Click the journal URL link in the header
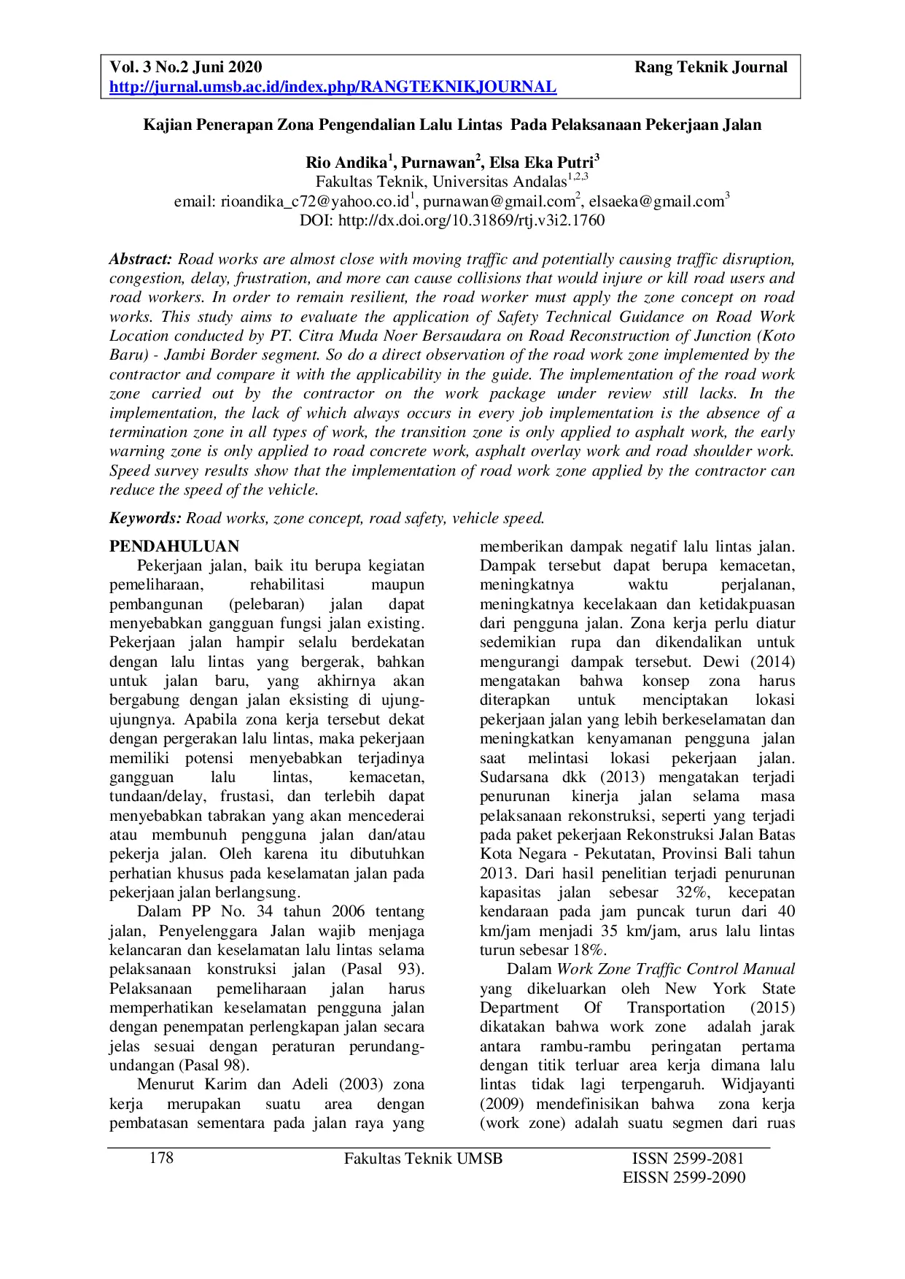tap(333, 88)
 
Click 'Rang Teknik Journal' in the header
tap(710, 68)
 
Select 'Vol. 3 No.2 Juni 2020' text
tap(186, 68)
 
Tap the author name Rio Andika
tap(346, 163)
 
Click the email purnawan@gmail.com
tap(499, 201)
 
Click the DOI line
tap(452, 220)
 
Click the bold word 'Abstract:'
tap(141, 259)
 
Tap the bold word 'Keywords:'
tap(145, 519)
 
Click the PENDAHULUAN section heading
tap(174, 546)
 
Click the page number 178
tap(161, 1158)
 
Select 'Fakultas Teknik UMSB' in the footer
tap(423, 1159)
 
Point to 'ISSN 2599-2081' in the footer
tap(688, 1159)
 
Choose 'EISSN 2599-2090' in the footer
tap(684, 1178)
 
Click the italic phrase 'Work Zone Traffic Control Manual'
tap(675, 969)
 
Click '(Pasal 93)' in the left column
tap(382, 969)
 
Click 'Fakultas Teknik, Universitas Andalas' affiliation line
tap(441, 182)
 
